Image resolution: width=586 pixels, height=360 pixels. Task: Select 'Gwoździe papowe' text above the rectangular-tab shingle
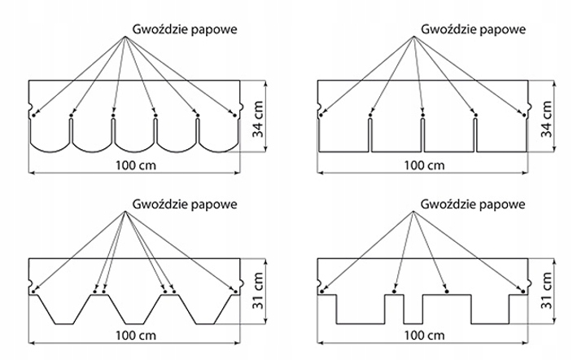(x=473, y=27)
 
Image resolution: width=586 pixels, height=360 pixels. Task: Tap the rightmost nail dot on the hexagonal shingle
(x=235, y=291)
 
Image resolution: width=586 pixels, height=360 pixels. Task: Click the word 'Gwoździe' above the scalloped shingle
(x=151, y=27)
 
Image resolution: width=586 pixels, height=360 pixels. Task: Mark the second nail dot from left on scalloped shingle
(x=71, y=116)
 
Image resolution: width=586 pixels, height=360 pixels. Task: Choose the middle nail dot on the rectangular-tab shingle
(x=422, y=116)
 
